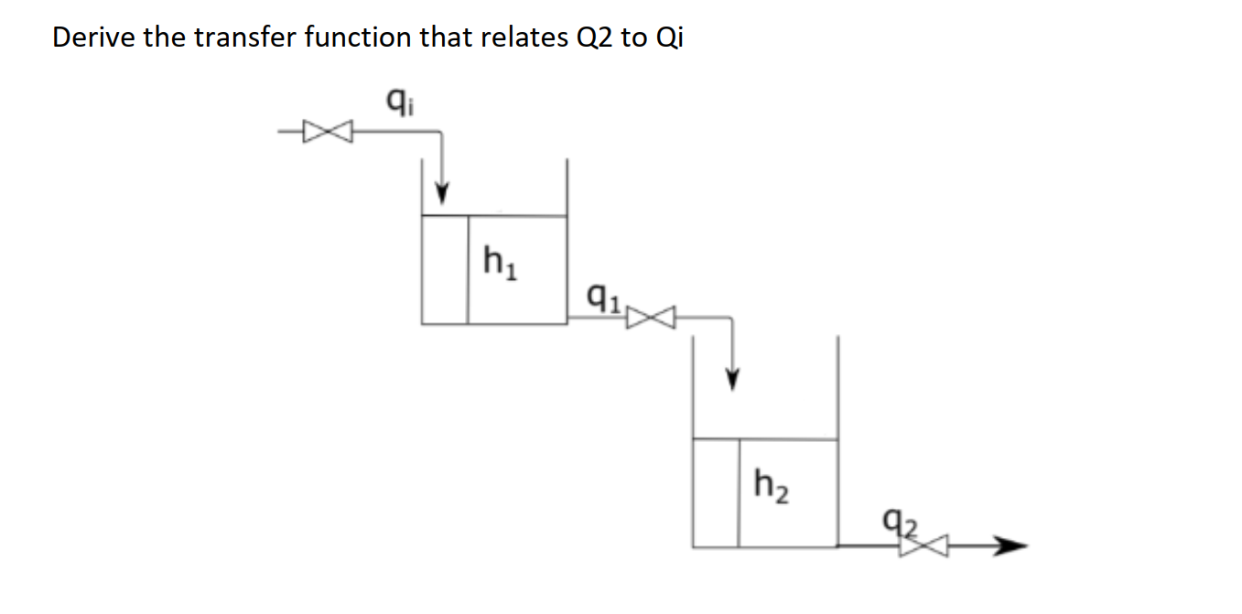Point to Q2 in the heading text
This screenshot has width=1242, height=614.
[593, 38]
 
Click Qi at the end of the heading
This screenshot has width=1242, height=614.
[669, 38]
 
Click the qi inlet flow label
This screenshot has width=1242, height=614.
[395, 95]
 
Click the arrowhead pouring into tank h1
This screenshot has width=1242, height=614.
[442, 194]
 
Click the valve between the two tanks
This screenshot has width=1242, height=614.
[654, 318]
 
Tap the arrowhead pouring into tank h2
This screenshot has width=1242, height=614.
[731, 377]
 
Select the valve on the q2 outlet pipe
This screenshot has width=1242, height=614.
[917, 546]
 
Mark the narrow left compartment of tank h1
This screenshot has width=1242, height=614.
[445, 270]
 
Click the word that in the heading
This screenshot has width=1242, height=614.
[447, 38]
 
